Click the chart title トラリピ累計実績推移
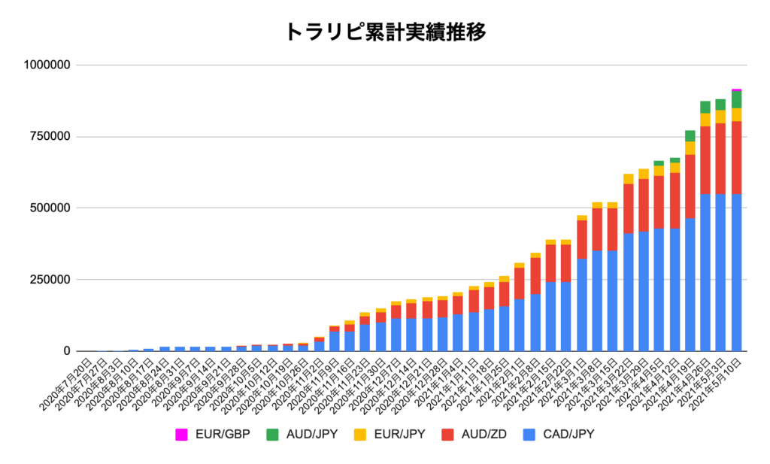point(385,32)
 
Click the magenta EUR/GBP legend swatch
point(181,434)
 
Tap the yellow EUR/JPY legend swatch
point(362,434)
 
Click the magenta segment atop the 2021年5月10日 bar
point(736,89)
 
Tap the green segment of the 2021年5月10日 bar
point(736,99)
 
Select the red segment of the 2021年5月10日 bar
point(736,157)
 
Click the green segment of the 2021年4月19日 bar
point(690,135)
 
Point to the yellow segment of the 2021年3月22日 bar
point(628,178)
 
